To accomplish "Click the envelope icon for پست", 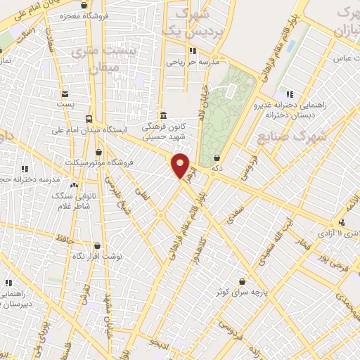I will pos(65,94).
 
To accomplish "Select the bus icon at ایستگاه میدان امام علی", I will pos(89,118).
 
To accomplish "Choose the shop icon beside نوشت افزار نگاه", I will pos(97,246).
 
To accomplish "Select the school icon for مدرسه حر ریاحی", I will pos(192,50).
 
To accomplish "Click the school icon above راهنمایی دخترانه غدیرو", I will pos(289,94).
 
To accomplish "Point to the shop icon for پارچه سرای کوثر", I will pos(243,280).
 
